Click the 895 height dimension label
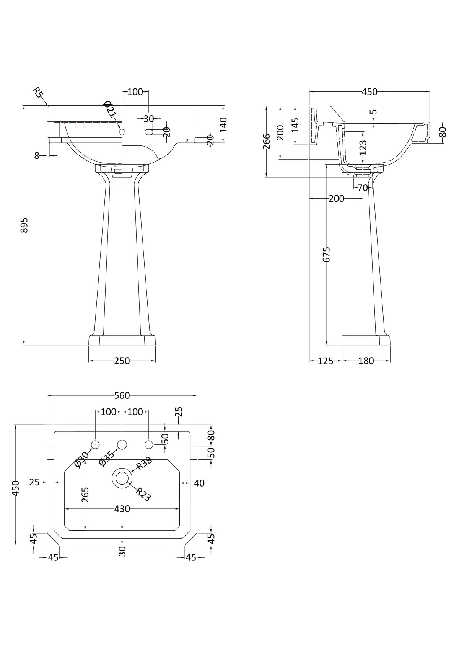point(24,225)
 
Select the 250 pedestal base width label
point(122,361)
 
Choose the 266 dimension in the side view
point(267,141)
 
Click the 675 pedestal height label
point(326,254)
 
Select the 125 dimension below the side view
point(326,361)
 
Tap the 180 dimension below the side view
point(366,361)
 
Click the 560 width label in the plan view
point(122,395)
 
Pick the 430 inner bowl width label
point(122,509)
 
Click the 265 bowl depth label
point(85,494)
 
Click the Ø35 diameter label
point(107,458)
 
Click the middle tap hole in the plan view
point(122,444)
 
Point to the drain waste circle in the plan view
point(122,478)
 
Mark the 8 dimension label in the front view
point(37,155)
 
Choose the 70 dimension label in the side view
point(362,188)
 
